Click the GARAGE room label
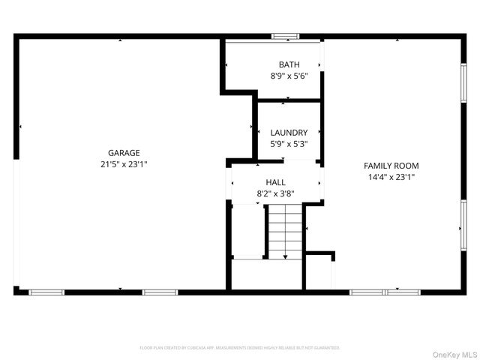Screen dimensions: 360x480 point(124,153)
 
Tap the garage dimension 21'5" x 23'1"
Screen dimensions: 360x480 point(124,164)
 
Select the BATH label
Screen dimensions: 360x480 point(289,64)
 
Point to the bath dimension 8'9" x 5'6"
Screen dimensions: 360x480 point(289,76)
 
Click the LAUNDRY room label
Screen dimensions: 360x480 point(289,133)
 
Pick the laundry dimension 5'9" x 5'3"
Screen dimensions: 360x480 point(289,144)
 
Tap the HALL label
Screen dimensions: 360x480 point(275,182)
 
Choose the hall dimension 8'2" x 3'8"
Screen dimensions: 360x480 point(275,193)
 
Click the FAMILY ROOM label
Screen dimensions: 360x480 point(391,166)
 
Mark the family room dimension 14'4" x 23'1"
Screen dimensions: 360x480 point(391,177)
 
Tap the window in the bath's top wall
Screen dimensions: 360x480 point(285,35)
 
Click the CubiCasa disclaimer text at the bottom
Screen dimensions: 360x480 point(240,348)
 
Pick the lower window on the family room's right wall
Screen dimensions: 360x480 point(463,225)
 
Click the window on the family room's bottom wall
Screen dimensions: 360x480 point(385,292)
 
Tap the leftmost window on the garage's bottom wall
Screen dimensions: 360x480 point(46,292)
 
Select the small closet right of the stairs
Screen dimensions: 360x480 point(319,274)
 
